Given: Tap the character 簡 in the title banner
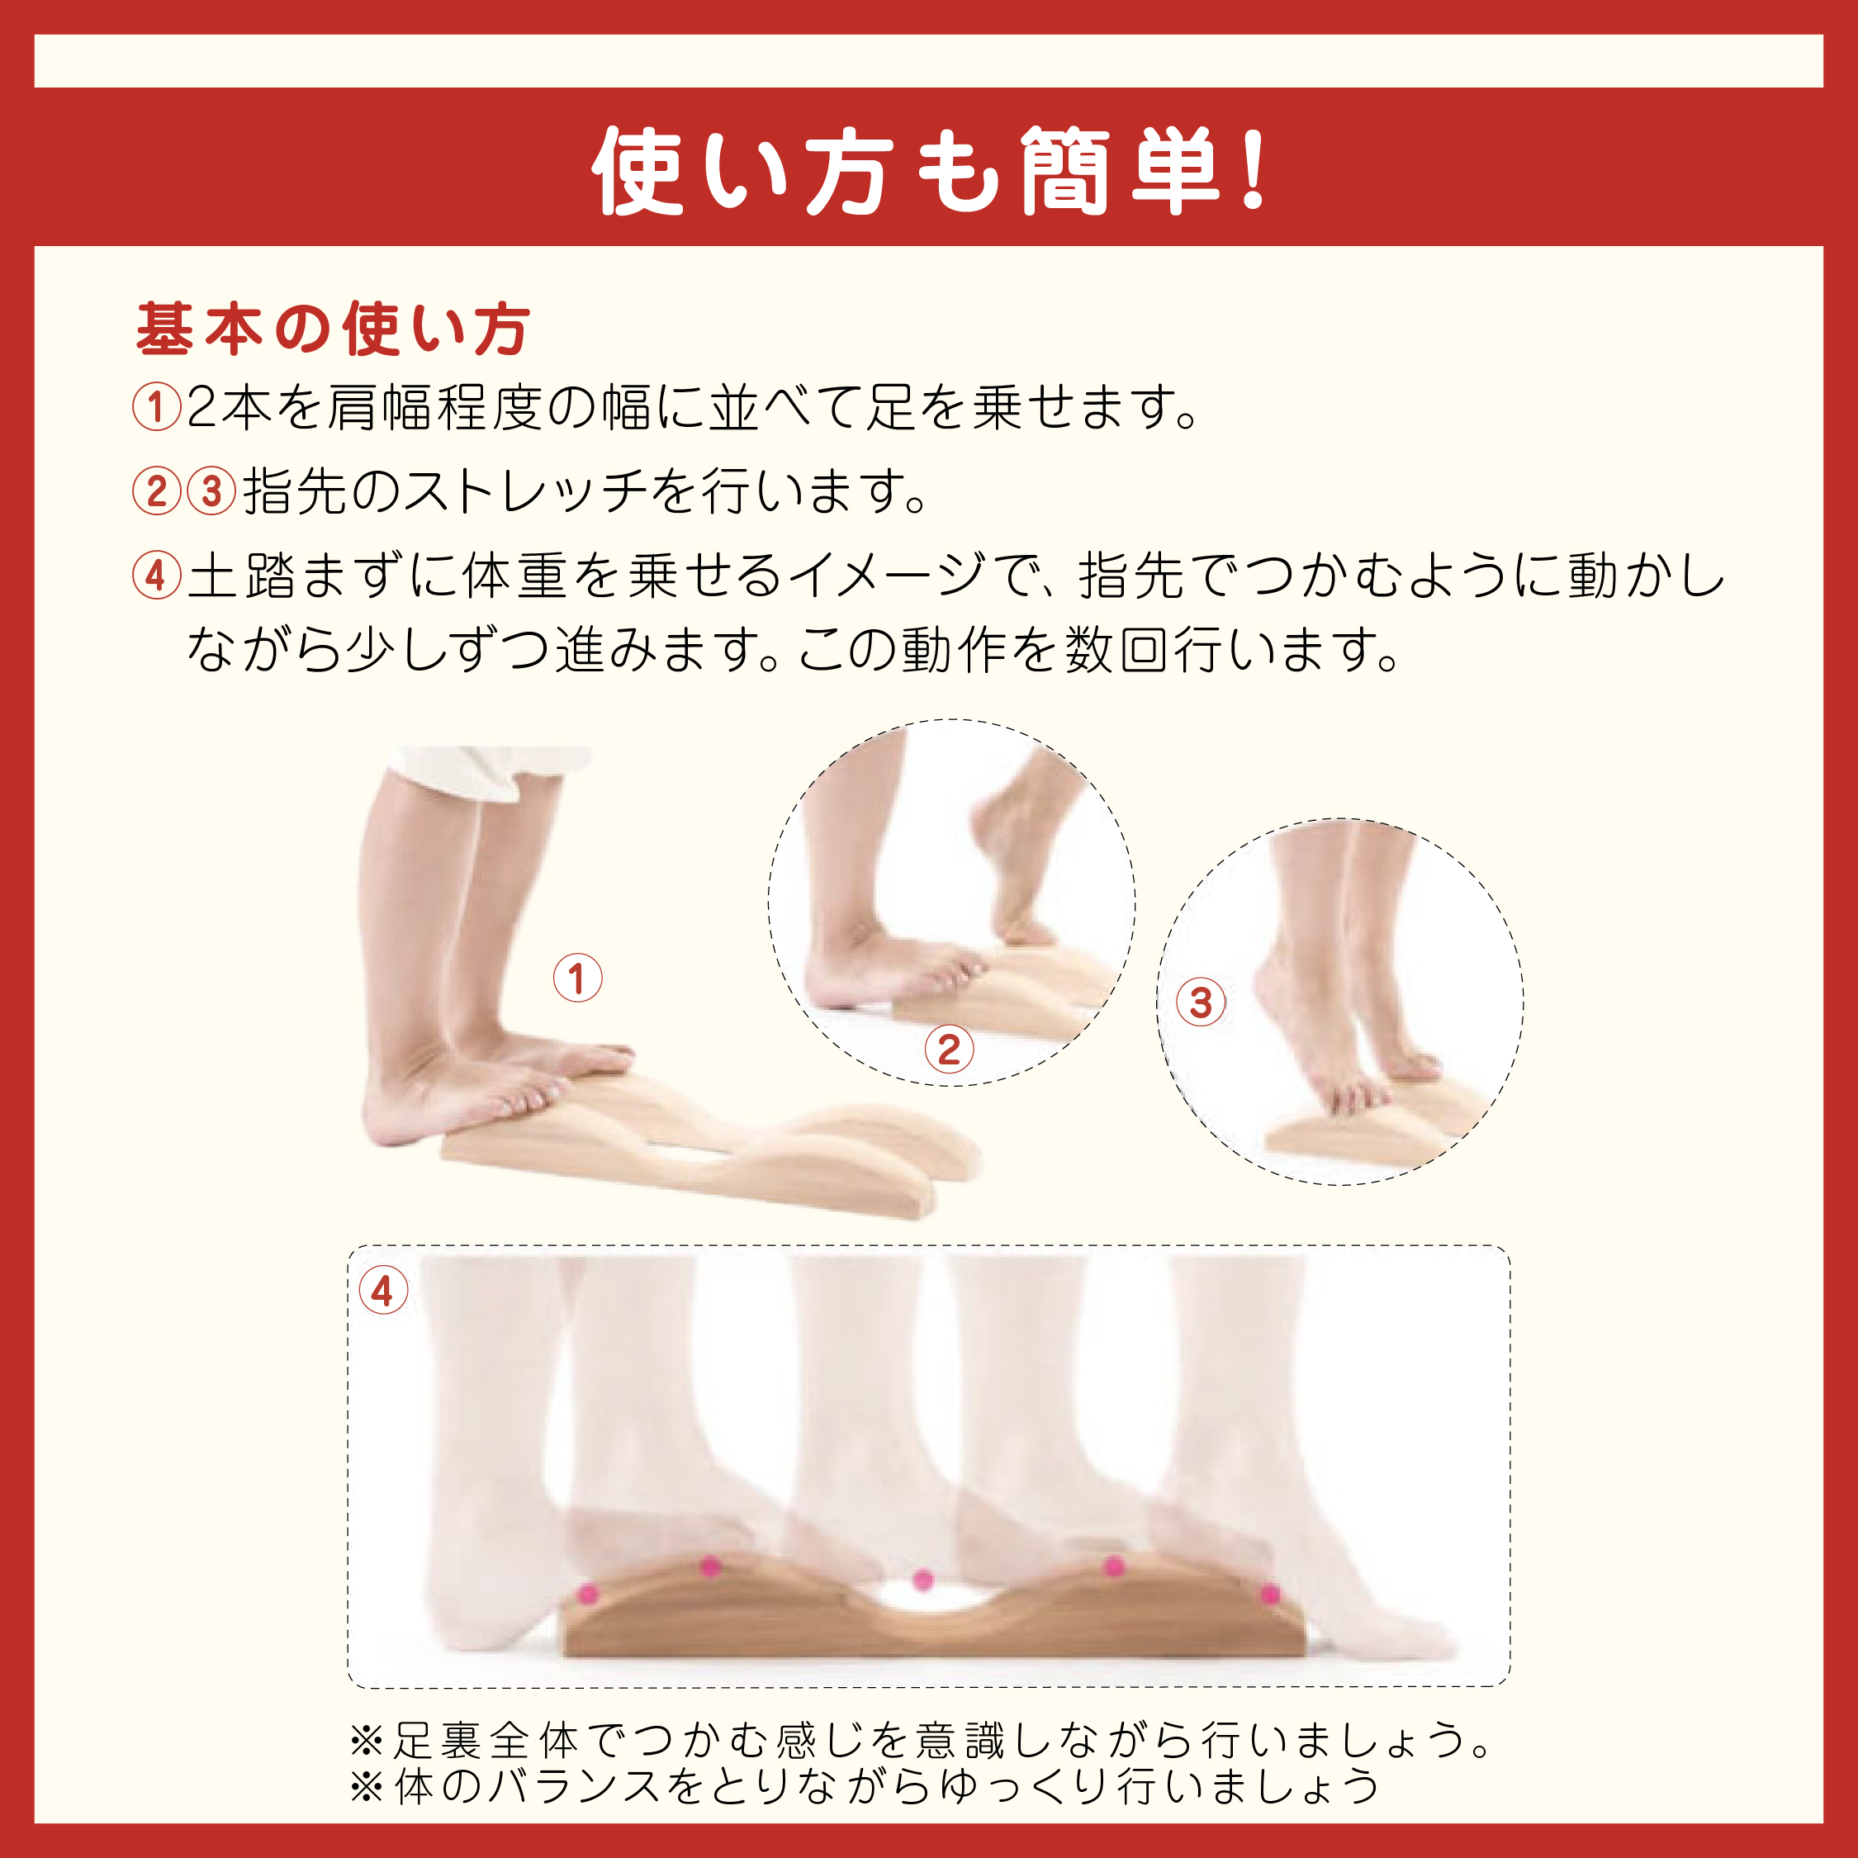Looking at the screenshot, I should click(x=1064, y=171).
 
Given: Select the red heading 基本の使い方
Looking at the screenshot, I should click(x=332, y=329).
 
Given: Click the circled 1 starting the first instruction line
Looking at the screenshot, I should click(x=156, y=407).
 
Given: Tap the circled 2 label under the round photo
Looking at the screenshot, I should click(x=948, y=1050).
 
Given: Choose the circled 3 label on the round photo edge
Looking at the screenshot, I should click(x=1200, y=1003).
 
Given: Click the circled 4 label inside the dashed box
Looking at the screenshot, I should click(x=383, y=1291).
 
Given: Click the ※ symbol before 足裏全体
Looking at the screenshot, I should click(x=367, y=1740).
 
